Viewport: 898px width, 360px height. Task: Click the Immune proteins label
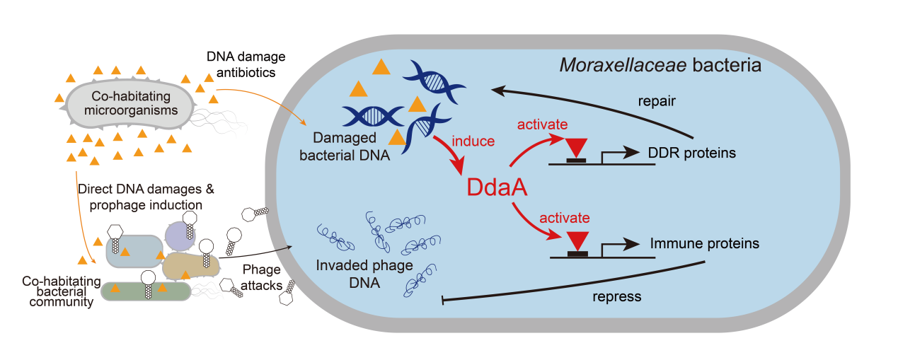click(x=704, y=243)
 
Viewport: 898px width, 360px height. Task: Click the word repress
click(x=616, y=296)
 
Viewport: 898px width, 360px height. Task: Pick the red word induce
click(x=476, y=141)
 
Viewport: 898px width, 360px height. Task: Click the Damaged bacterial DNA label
click(x=353, y=146)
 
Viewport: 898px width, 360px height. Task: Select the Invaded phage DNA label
click(x=352, y=275)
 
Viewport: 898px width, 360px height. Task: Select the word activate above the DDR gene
click(x=542, y=125)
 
